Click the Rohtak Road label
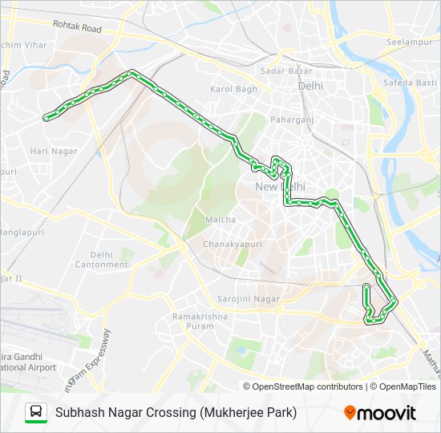pyautogui.click(x=78, y=27)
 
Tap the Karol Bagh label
pyautogui.click(x=233, y=89)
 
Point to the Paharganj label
pyautogui.click(x=291, y=120)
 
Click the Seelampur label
pyautogui.click(x=409, y=42)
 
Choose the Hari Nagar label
pyautogui.click(x=54, y=151)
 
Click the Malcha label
pyautogui.click(x=220, y=219)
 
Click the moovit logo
pyautogui.click(x=380, y=412)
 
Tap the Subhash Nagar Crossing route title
pyautogui.click(x=176, y=413)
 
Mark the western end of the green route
pyautogui.click(x=46, y=117)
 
